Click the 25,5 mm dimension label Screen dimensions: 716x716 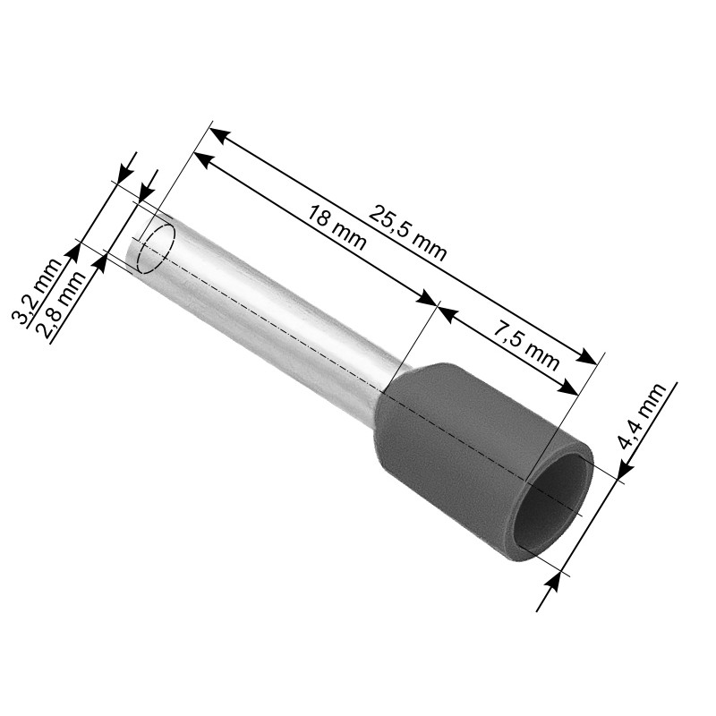[407, 234]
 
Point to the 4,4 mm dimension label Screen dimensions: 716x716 [642, 417]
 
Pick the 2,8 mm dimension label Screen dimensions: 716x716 [62, 304]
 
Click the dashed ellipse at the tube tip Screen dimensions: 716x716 [156, 249]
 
